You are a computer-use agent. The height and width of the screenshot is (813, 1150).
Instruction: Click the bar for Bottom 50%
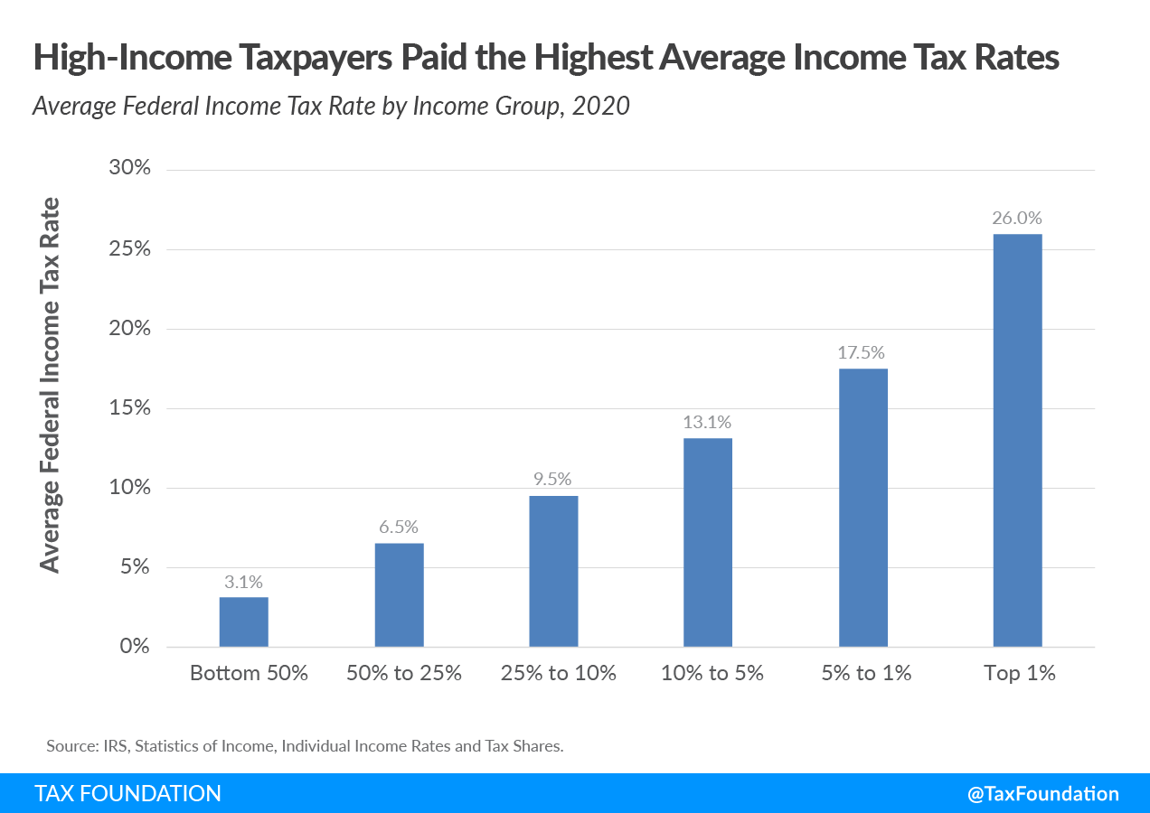[243, 621]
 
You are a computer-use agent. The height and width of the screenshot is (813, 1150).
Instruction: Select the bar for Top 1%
[1017, 440]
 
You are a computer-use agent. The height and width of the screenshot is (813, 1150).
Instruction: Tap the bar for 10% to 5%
[708, 542]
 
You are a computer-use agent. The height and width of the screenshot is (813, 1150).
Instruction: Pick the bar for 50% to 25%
[399, 594]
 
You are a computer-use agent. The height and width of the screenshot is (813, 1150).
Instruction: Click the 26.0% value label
[1017, 218]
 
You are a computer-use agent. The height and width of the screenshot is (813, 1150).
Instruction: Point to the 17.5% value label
[862, 352]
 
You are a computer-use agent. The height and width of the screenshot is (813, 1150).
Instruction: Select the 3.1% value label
[243, 582]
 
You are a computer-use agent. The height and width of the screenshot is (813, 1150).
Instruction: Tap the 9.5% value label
[553, 480]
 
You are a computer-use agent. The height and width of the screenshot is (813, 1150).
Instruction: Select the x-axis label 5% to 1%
[866, 674]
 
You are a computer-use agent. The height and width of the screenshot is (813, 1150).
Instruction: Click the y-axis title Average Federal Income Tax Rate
[51, 384]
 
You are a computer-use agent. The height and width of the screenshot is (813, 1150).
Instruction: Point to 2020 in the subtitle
[600, 106]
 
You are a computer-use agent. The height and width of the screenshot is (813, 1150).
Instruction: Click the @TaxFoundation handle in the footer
[1042, 793]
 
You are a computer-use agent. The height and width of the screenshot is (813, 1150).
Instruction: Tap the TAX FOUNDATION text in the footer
[127, 793]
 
